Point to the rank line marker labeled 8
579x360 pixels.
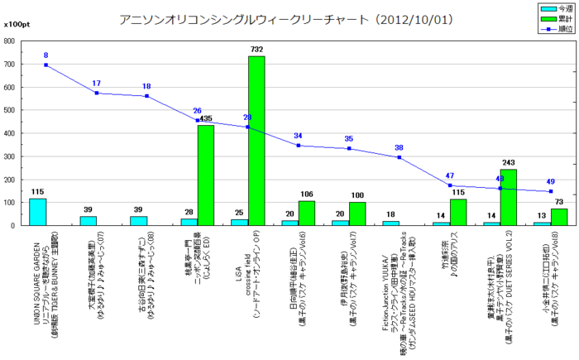pyautogui.click(x=46, y=65)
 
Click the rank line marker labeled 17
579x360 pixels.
pyautogui.click(x=97, y=93)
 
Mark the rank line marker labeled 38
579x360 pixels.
pyautogui.click(x=400, y=157)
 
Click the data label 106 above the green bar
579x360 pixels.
pyautogui.click(x=307, y=194)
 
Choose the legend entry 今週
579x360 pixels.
pyautogui.click(x=557, y=7)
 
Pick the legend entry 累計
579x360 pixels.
pyautogui.click(x=557, y=18)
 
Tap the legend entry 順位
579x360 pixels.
pyautogui.click(x=557, y=29)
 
